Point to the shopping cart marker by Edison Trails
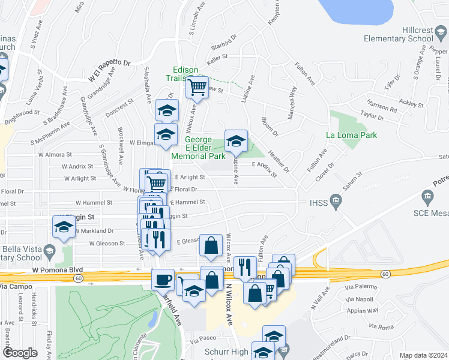coord(197,87)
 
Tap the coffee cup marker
coord(163,280)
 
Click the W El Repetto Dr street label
coord(109,69)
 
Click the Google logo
coord(20,353)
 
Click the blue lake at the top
coord(357,10)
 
